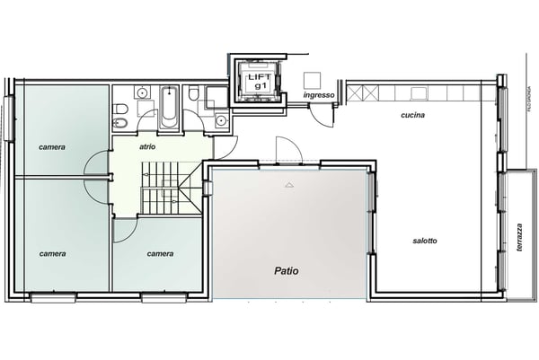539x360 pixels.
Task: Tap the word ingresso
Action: pos(319,95)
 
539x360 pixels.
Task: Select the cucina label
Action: pos(412,116)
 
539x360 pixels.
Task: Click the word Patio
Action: pos(287,269)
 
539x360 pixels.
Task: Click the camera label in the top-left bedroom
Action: pos(52,145)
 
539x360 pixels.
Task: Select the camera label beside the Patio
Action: pos(160,253)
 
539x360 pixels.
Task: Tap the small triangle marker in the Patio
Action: pos(288,185)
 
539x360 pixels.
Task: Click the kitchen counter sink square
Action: pos(419,92)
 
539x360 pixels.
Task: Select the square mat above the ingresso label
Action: pos(312,77)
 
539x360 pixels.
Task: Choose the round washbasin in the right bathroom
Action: pos(220,119)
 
